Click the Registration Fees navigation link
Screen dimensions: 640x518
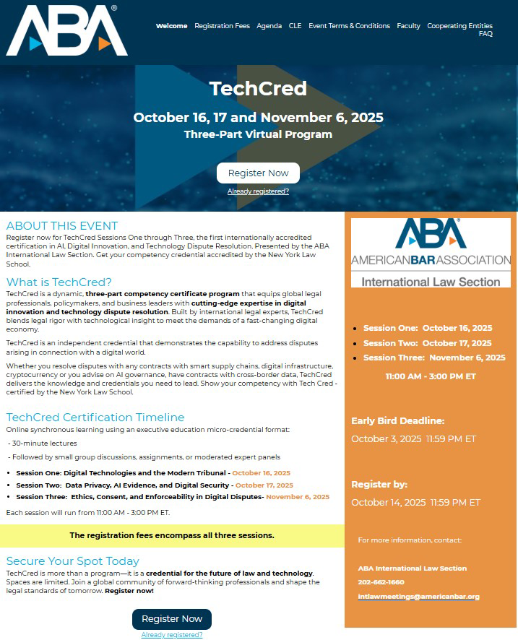pyautogui.click(x=222, y=26)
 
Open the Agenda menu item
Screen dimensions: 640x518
pyautogui.click(x=269, y=26)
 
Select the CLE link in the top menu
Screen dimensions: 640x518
pyautogui.click(x=295, y=26)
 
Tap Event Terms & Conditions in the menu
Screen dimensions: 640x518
pyautogui.click(x=349, y=26)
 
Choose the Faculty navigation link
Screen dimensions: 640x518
pyautogui.click(x=408, y=26)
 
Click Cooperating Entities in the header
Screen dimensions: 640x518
pyautogui.click(x=459, y=26)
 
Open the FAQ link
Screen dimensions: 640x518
pyautogui.click(x=485, y=34)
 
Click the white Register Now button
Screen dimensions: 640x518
pyautogui.click(x=258, y=173)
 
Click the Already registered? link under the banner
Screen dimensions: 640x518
pyautogui.click(x=258, y=191)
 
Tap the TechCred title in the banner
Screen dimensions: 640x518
pyautogui.click(x=258, y=89)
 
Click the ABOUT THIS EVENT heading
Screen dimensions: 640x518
pyautogui.click(x=61, y=226)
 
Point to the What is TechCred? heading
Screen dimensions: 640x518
pyautogui.click(x=59, y=282)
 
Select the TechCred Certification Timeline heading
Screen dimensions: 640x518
pyautogui.click(x=95, y=418)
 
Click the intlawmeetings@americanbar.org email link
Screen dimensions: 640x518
pyautogui.click(x=418, y=597)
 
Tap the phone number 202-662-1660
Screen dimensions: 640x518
pyautogui.click(x=381, y=582)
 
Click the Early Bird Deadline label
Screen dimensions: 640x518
pyautogui.click(x=397, y=421)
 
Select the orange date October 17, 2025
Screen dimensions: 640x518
pyautogui.click(x=264, y=485)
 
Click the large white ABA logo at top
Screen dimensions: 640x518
pyautogui.click(x=66, y=30)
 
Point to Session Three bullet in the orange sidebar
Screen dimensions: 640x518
pyautogui.click(x=434, y=358)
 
